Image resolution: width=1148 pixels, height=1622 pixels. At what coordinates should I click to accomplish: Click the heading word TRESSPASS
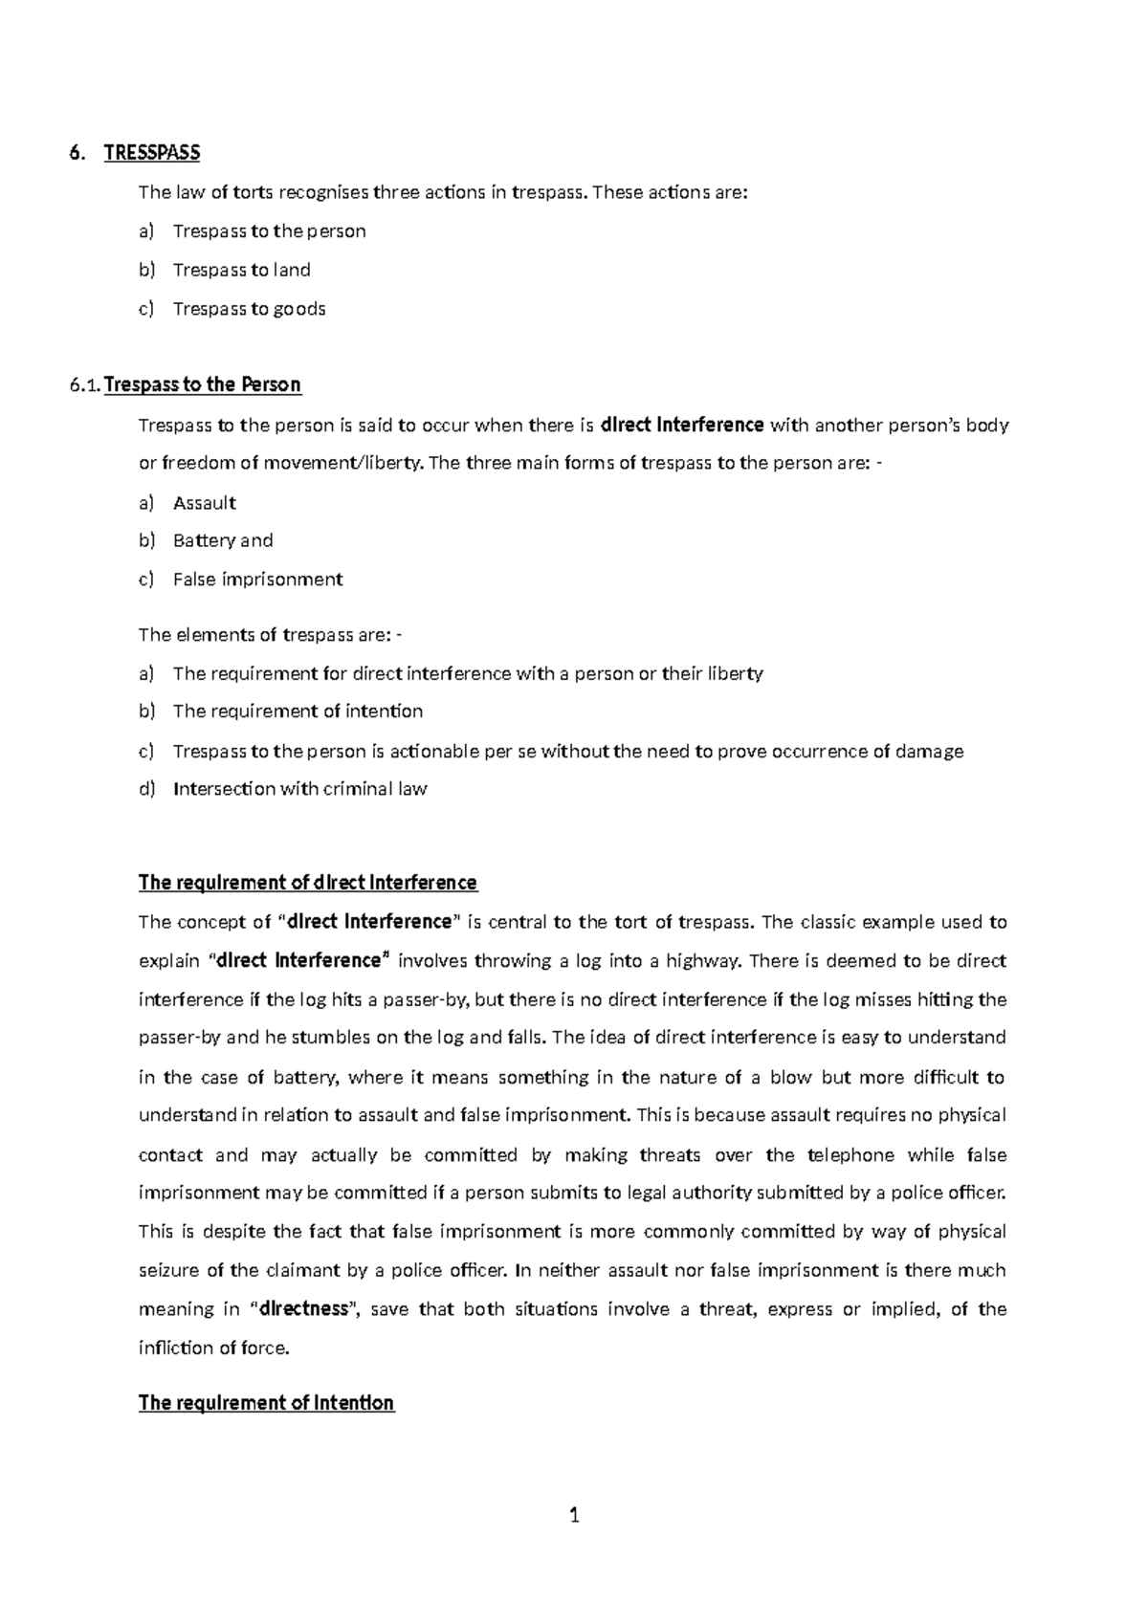(152, 153)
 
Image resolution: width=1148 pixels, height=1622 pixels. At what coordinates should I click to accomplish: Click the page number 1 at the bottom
(574, 1515)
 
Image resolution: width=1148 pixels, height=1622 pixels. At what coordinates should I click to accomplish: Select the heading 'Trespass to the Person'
(202, 385)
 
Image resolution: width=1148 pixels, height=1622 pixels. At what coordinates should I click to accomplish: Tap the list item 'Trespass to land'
(241, 270)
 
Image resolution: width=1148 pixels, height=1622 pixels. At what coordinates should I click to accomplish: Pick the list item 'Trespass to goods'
(249, 309)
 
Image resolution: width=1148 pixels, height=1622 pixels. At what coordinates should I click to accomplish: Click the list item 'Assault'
(204, 503)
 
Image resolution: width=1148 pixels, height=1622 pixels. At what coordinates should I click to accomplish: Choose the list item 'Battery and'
(222, 541)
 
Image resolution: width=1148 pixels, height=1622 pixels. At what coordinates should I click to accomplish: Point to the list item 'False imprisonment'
(257, 580)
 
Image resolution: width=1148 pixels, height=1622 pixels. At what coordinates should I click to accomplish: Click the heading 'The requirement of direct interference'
(307, 883)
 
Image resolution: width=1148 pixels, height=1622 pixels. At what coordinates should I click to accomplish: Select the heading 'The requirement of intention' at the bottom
(266, 1403)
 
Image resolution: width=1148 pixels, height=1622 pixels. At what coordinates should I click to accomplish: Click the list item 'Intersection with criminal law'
(299, 790)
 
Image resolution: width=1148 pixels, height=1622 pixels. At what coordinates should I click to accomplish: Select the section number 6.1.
(84, 386)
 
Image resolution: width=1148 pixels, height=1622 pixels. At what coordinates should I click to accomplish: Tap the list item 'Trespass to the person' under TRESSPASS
(269, 231)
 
